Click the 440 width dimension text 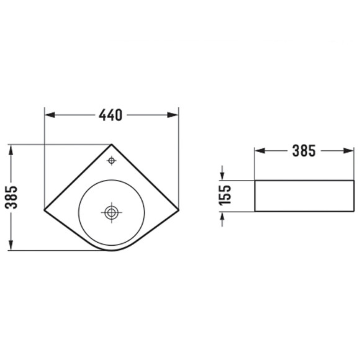click(110, 115)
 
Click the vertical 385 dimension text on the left click(11, 197)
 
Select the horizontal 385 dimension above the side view click(304, 151)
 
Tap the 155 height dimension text click(225, 195)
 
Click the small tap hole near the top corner click(112, 161)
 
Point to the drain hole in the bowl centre click(112, 213)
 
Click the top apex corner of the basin click(112, 145)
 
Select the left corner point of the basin click(44, 210)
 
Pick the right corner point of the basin click(178, 210)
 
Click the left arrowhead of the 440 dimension click(50, 115)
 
